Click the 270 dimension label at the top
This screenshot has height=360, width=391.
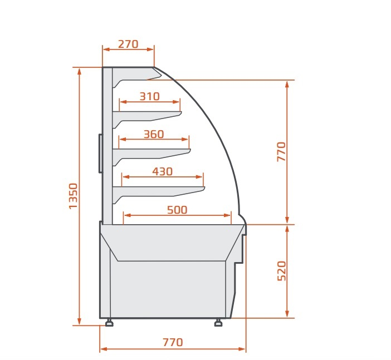pyautogui.click(x=128, y=45)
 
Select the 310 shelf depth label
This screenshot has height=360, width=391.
pyautogui.click(x=149, y=96)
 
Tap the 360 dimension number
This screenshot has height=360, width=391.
pyautogui.click(x=154, y=134)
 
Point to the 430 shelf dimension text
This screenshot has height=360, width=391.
pyautogui.click(x=162, y=171)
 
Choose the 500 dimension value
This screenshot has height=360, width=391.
pyautogui.click(x=177, y=210)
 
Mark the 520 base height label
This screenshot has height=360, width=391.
pyautogui.click(x=281, y=270)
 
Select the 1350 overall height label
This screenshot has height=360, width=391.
pyautogui.click(x=74, y=196)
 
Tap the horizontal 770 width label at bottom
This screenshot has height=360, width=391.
pyautogui.click(x=173, y=342)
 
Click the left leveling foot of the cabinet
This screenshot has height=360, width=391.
pyautogui.click(x=109, y=323)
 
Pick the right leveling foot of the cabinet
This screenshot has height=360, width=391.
pyautogui.click(x=218, y=323)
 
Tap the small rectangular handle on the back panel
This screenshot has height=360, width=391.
pyautogui.click(x=100, y=153)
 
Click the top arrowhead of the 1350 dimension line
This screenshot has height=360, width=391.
pyautogui.click(x=80, y=71)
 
